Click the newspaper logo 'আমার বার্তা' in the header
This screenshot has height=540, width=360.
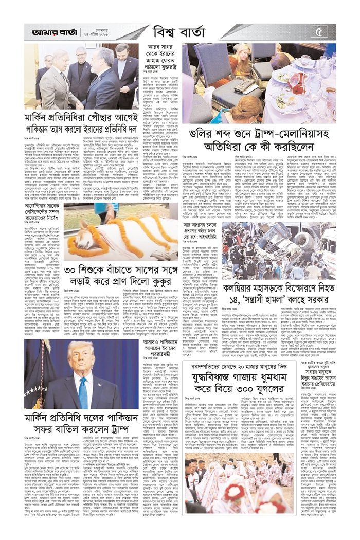pos(47,32)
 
